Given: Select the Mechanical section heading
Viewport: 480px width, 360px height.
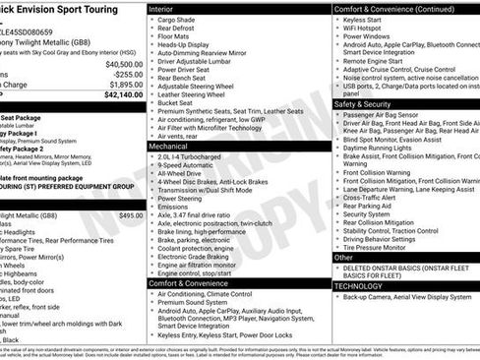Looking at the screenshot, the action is [168, 145].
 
